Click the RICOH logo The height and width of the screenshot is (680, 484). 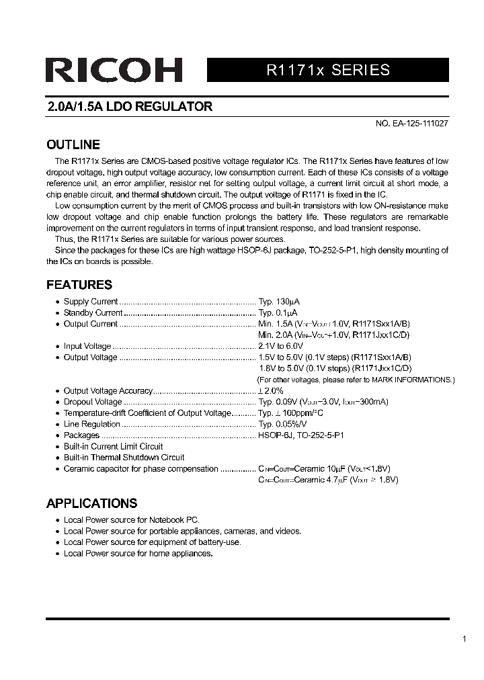pyautogui.click(x=114, y=71)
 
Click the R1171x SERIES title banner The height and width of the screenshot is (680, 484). pyautogui.click(x=328, y=70)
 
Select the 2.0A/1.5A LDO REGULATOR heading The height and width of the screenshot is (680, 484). pyautogui.click(x=130, y=106)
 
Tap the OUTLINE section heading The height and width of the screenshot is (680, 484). pyautogui.click(x=73, y=144)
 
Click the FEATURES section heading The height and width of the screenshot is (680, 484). pyautogui.click(x=79, y=284)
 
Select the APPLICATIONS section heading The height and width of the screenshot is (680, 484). pyautogui.click(x=91, y=503)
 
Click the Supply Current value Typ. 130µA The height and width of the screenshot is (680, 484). pyautogui.click(x=278, y=302)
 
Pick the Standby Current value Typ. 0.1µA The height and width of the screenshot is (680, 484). pyautogui.click(x=278, y=312)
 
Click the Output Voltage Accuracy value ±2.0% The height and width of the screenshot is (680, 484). pyautogui.click(x=271, y=390)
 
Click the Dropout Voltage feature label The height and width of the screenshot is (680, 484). pyautogui.click(x=93, y=402)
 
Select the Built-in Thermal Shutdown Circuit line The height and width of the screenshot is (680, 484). pyautogui.click(x=124, y=458)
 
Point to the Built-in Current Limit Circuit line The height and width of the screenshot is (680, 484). pyautogui.click(x=113, y=446)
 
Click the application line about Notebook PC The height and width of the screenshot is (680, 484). pyautogui.click(x=131, y=520)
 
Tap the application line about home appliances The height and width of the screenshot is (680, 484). pyautogui.click(x=138, y=554)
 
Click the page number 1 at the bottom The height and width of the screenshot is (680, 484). pyautogui.click(x=464, y=639)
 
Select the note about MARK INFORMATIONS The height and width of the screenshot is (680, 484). pyautogui.click(x=356, y=380)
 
